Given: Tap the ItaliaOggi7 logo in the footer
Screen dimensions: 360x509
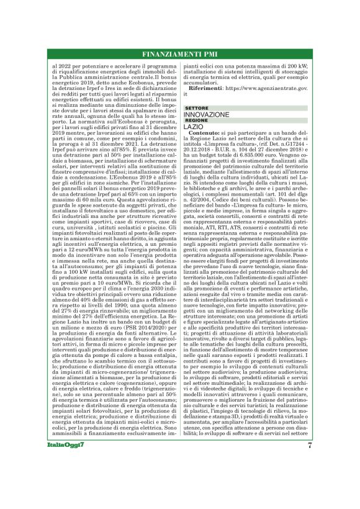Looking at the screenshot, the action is (x=62, y=463).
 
